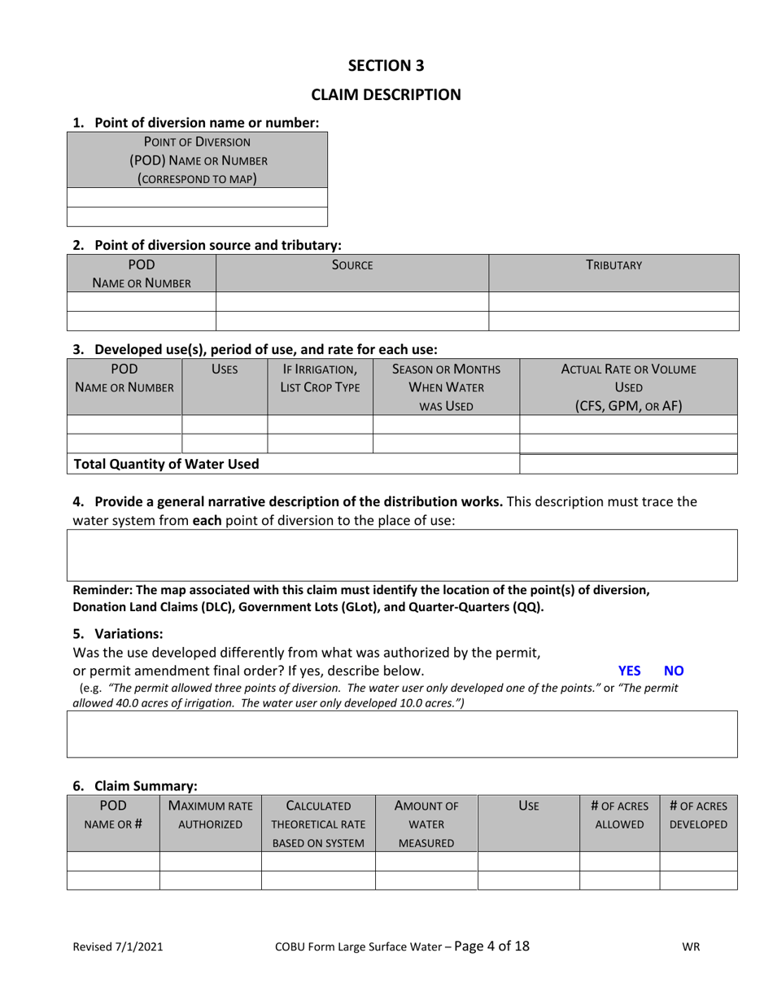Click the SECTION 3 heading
386,65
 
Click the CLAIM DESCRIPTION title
386,94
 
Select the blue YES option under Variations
629,671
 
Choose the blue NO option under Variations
674,671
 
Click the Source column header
352,265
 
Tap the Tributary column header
614,265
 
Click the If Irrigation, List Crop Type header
320,378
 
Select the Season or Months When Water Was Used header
446,387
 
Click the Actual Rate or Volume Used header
628,387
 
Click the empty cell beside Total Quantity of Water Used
628,464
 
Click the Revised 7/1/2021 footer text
118,946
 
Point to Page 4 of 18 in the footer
491,946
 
